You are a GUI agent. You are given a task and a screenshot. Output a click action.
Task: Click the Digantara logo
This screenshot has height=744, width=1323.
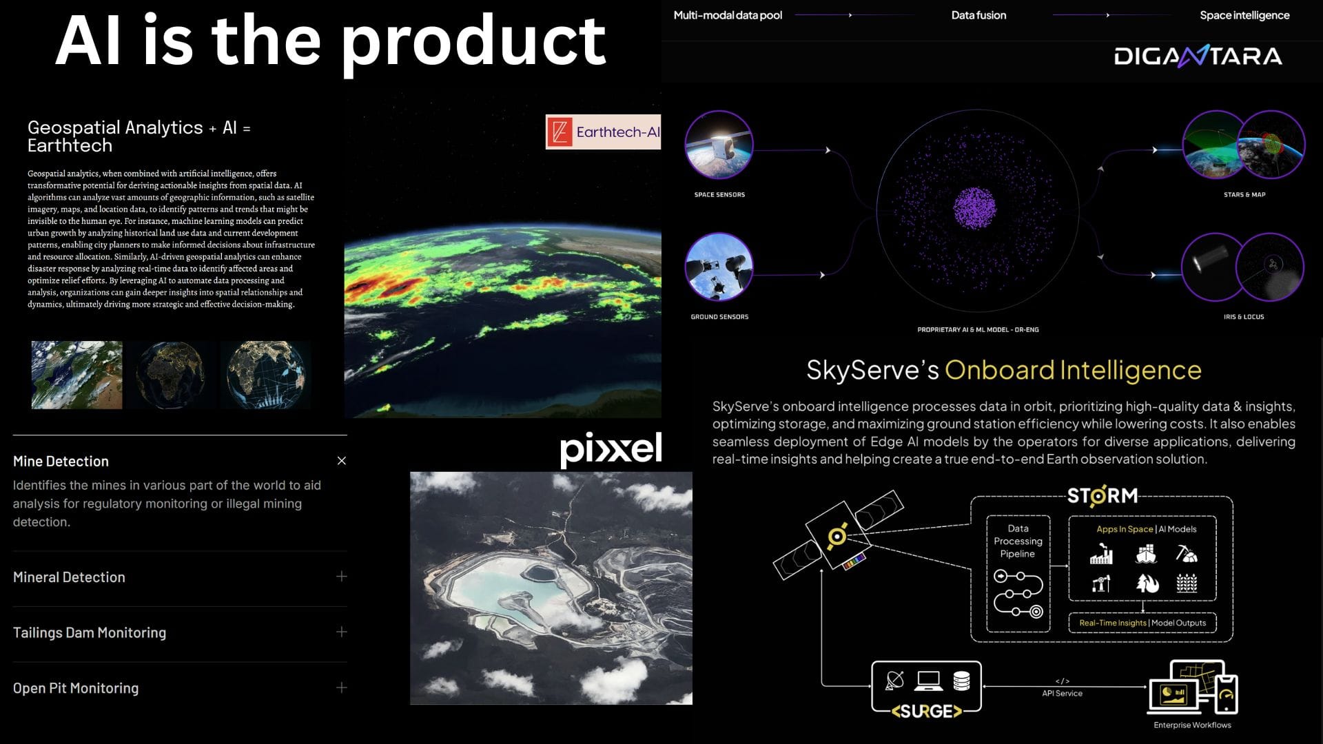pyautogui.click(x=1198, y=56)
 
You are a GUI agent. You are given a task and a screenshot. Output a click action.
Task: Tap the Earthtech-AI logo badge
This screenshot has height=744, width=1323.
pyautogui.click(x=603, y=132)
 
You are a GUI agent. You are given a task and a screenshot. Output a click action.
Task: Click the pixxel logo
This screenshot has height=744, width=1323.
pyautogui.click(x=611, y=448)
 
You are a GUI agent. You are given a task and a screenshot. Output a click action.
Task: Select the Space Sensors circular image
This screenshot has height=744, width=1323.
pyautogui.click(x=719, y=145)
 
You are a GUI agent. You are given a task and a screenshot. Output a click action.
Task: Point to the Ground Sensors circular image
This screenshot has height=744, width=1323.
pyautogui.click(x=719, y=267)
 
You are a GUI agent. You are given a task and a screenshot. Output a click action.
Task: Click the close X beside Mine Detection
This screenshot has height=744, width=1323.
pyautogui.click(x=342, y=461)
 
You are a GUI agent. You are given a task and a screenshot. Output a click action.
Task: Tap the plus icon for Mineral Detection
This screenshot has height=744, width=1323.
pyautogui.click(x=342, y=577)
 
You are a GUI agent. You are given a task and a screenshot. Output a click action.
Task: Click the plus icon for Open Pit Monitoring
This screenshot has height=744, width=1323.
pyautogui.click(x=342, y=688)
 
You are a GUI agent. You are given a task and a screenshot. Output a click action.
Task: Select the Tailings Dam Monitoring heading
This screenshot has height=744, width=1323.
pyautogui.click(x=90, y=632)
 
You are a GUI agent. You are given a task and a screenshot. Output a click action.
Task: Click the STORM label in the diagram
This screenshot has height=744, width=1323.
pyautogui.click(x=1102, y=496)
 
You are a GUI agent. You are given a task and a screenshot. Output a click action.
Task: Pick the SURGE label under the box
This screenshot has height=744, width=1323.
pyautogui.click(x=926, y=712)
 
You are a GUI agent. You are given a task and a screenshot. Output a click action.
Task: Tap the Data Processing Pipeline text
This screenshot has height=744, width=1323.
pyautogui.click(x=1018, y=541)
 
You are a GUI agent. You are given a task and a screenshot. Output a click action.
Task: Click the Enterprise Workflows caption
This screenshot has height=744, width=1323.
pyautogui.click(x=1192, y=725)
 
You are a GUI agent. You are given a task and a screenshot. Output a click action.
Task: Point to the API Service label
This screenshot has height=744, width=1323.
pyautogui.click(x=1062, y=693)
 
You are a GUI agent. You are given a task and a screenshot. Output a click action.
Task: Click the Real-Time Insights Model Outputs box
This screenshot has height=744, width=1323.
pyautogui.click(x=1142, y=623)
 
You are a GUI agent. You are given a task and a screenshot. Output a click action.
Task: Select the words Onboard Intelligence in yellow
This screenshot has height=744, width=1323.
pyautogui.click(x=1072, y=370)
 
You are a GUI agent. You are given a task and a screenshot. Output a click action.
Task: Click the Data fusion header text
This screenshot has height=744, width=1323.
pyautogui.click(x=978, y=15)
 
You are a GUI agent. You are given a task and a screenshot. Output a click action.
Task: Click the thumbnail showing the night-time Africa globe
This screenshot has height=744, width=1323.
pyautogui.click(x=170, y=375)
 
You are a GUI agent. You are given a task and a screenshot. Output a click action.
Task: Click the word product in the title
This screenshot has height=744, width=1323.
pyautogui.click(x=474, y=43)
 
